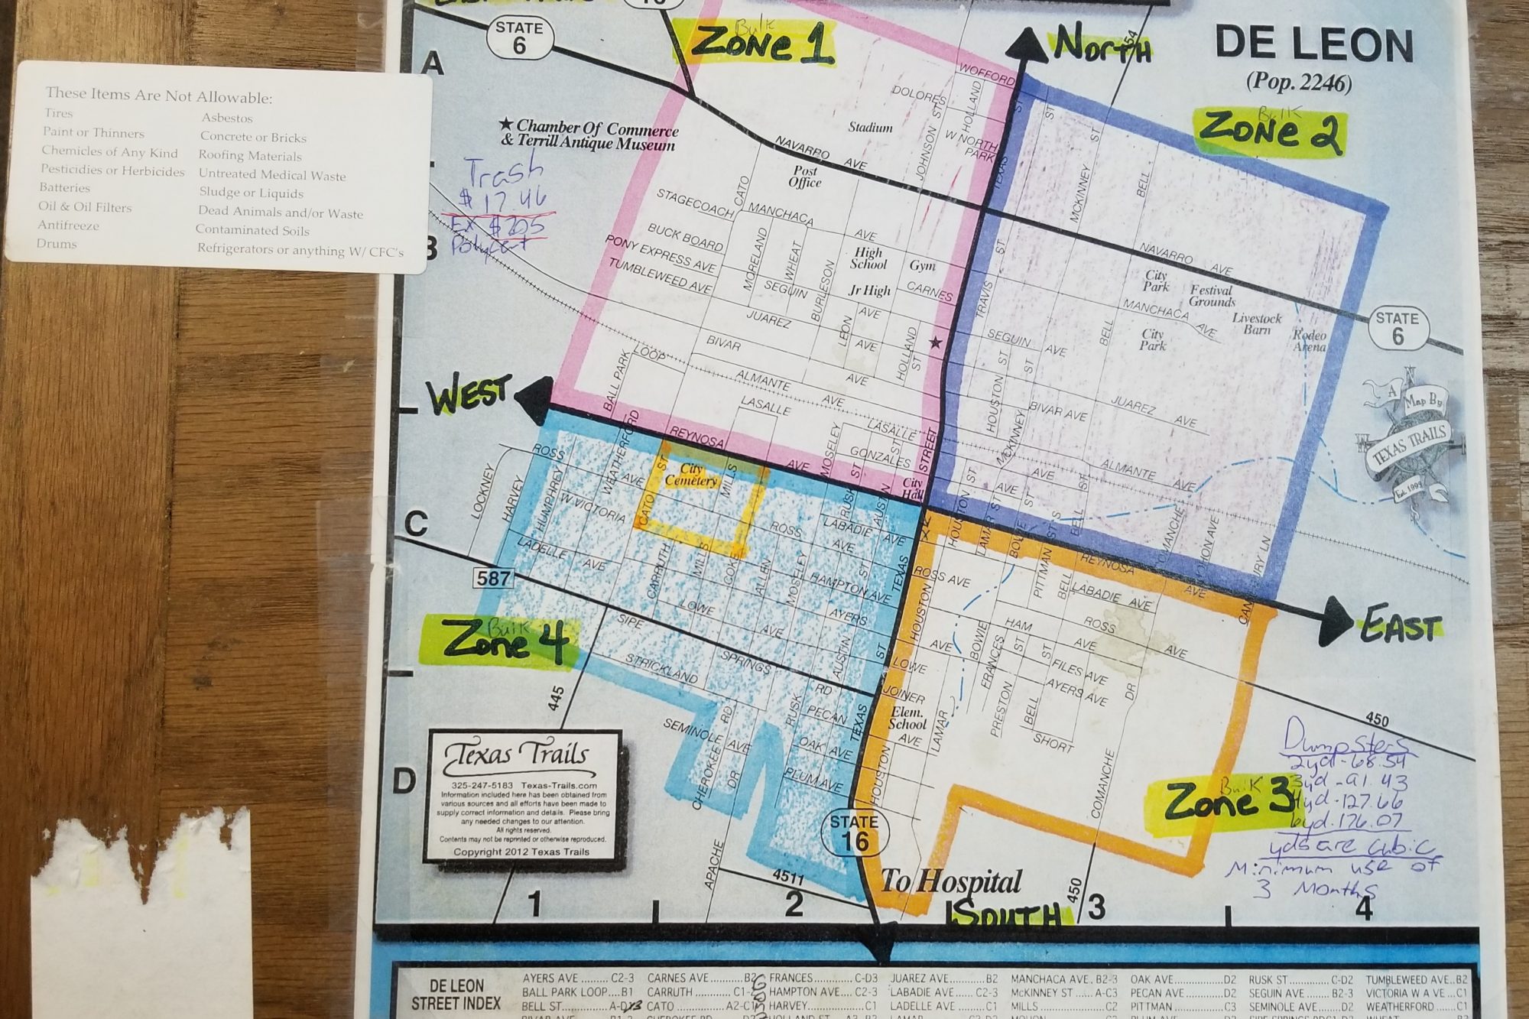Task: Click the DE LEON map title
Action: tap(1314, 45)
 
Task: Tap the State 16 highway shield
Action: tap(853, 833)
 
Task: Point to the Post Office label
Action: tap(805, 177)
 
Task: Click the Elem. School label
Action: tap(907, 718)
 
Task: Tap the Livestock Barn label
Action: tap(1257, 323)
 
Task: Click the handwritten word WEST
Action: tap(467, 395)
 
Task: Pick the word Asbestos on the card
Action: tap(227, 118)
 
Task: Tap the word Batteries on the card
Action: tap(65, 187)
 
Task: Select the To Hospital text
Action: tap(951, 881)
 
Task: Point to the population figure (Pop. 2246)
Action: tap(1298, 83)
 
